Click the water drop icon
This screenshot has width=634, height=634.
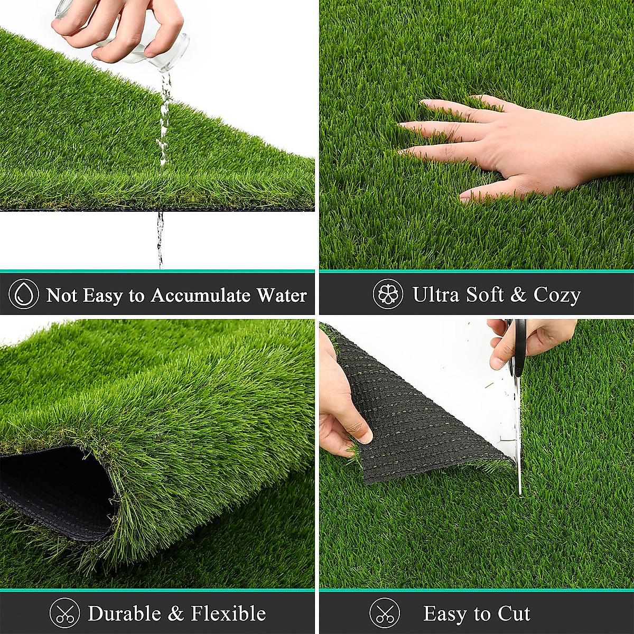pyautogui.click(x=24, y=294)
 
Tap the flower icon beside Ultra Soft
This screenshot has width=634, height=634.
pyautogui.click(x=388, y=294)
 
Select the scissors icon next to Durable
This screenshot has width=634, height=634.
pyautogui.click(x=64, y=613)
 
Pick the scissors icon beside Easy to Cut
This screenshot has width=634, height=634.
pyautogui.click(x=385, y=613)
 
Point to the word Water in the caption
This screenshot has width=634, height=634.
pyautogui.click(x=282, y=295)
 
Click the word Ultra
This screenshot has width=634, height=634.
pyautogui.click(x=436, y=294)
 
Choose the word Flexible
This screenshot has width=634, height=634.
pyautogui.click(x=228, y=613)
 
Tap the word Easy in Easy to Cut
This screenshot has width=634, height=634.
pyautogui.click(x=446, y=614)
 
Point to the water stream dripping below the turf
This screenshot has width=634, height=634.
pyautogui.click(x=160, y=238)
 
